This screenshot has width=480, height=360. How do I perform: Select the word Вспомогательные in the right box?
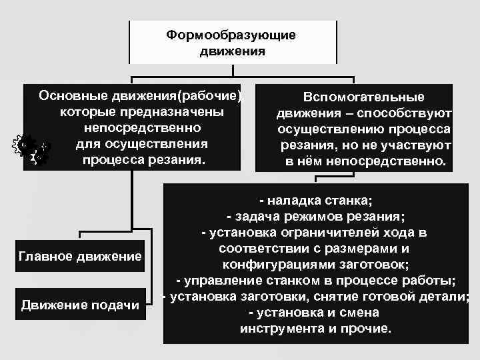(364, 97)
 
